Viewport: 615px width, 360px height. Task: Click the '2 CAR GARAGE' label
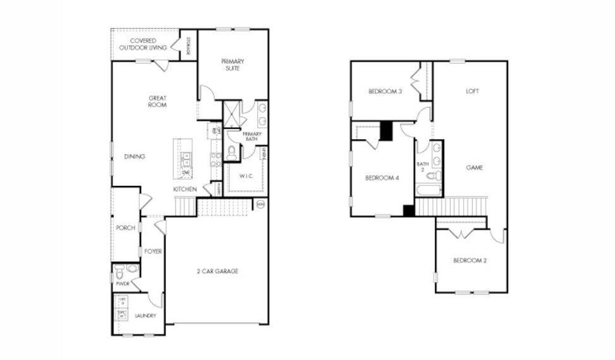(x=218, y=271)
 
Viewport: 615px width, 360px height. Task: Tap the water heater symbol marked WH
(x=260, y=205)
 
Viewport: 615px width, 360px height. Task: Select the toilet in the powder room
(x=121, y=270)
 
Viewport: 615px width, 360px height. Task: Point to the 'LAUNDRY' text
(x=145, y=316)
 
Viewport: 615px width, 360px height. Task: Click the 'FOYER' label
(x=153, y=251)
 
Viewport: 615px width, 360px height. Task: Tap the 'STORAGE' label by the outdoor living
(x=188, y=46)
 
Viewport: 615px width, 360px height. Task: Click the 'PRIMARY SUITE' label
(x=232, y=65)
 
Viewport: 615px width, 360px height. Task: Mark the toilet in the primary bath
(x=232, y=153)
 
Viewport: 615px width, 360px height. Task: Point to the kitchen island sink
(x=186, y=159)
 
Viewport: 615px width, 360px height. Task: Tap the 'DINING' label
(x=134, y=157)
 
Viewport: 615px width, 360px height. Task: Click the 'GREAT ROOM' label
(x=158, y=101)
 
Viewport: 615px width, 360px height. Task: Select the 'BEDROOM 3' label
(x=385, y=91)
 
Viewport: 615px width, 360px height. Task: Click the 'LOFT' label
(x=473, y=91)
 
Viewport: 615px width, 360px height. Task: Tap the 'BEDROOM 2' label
(x=469, y=260)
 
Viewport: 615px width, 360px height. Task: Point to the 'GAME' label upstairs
(x=475, y=167)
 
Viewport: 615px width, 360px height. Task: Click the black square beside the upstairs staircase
(x=409, y=210)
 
